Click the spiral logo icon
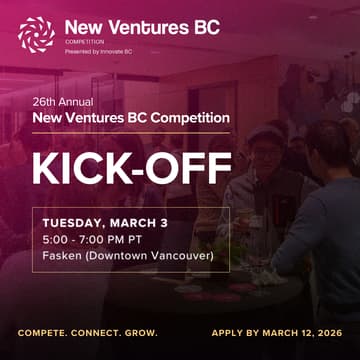(x=36, y=34)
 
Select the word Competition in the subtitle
(x=190, y=118)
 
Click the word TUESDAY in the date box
(x=71, y=222)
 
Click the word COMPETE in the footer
(x=42, y=332)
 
